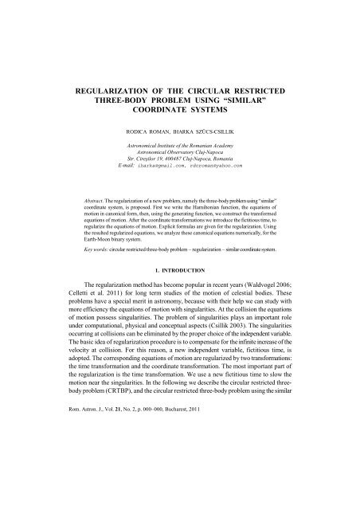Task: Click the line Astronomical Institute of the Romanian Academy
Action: (180, 147)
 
